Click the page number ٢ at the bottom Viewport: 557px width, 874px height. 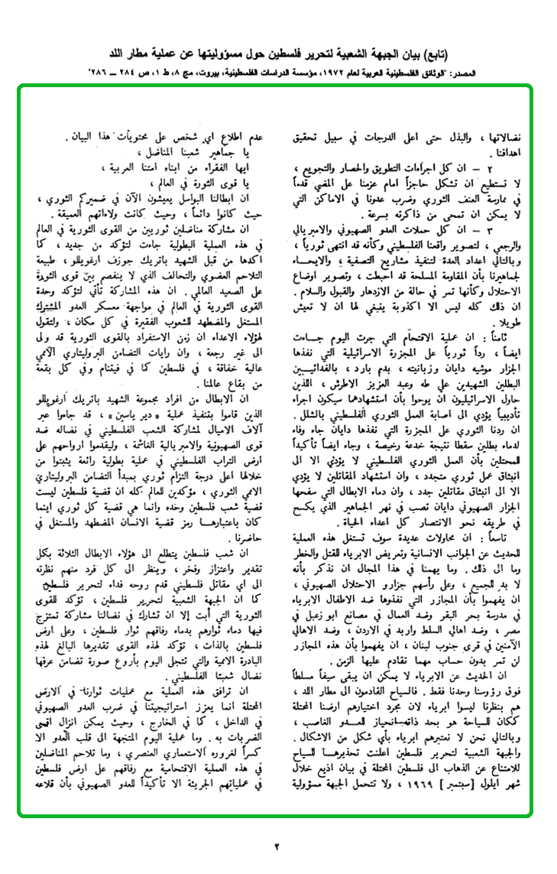278,845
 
